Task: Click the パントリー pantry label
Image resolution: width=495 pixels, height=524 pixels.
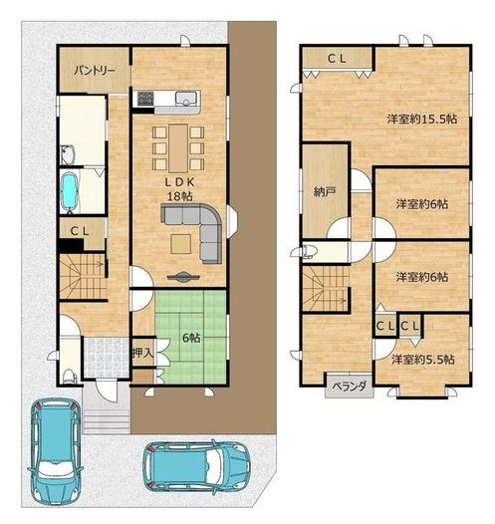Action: coord(95,71)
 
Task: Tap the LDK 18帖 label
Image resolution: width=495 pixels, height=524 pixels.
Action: coord(179,189)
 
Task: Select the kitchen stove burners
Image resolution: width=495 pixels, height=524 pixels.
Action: coord(146,98)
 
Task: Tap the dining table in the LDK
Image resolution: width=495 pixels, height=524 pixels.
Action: coord(178,148)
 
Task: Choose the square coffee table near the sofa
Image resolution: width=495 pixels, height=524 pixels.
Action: coord(181,244)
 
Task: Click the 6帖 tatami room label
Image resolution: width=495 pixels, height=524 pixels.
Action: coord(191,338)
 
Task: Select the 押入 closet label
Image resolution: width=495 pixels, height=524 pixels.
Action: coord(143,353)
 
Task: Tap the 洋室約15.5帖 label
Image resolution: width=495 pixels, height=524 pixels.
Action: coord(422,120)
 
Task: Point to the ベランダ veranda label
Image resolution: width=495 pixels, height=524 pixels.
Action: coord(349,386)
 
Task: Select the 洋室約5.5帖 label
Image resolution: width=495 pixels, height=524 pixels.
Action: coord(423,360)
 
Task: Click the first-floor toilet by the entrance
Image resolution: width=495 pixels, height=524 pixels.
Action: coord(70,376)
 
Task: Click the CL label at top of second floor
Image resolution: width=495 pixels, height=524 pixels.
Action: coord(337,59)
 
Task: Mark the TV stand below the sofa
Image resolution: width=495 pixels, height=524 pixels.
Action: coord(183,276)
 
